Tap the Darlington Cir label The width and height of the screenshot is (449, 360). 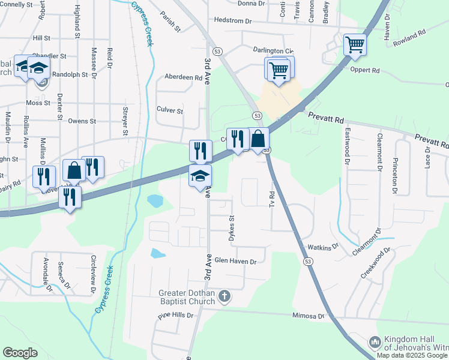(x=273, y=52)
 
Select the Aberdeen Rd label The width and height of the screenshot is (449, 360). (x=183, y=77)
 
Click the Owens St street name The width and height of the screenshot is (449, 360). (x=82, y=121)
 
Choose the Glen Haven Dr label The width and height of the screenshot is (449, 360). (x=235, y=262)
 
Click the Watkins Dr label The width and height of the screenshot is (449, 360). (x=324, y=247)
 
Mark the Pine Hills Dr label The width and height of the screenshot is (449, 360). (x=176, y=315)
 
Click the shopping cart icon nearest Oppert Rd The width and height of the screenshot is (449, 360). (x=355, y=44)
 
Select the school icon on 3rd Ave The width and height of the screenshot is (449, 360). (x=200, y=175)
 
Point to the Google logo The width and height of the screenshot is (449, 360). (x=20, y=353)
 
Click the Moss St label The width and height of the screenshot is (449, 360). (x=37, y=103)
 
